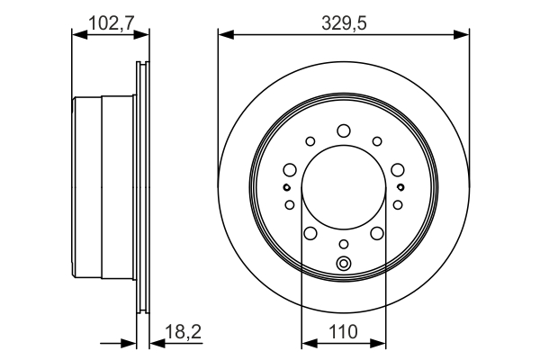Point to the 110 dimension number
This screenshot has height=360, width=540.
(343, 331)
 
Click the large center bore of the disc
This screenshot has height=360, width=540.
(343, 188)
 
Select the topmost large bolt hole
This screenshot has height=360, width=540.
(343, 131)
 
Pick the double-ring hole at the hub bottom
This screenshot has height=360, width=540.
(343, 264)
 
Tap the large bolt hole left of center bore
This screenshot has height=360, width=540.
(289, 168)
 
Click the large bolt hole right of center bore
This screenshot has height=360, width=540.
(397, 168)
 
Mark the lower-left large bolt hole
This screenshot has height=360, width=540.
(310, 233)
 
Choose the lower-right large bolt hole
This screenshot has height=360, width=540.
(376, 233)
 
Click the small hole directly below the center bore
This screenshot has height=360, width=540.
(343, 245)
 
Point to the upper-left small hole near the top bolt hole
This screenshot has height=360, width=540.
(310, 140)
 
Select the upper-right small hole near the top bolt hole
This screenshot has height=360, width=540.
(376, 140)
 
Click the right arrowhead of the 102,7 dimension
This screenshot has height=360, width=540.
(143, 35)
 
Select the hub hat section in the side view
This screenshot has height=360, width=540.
(103, 189)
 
